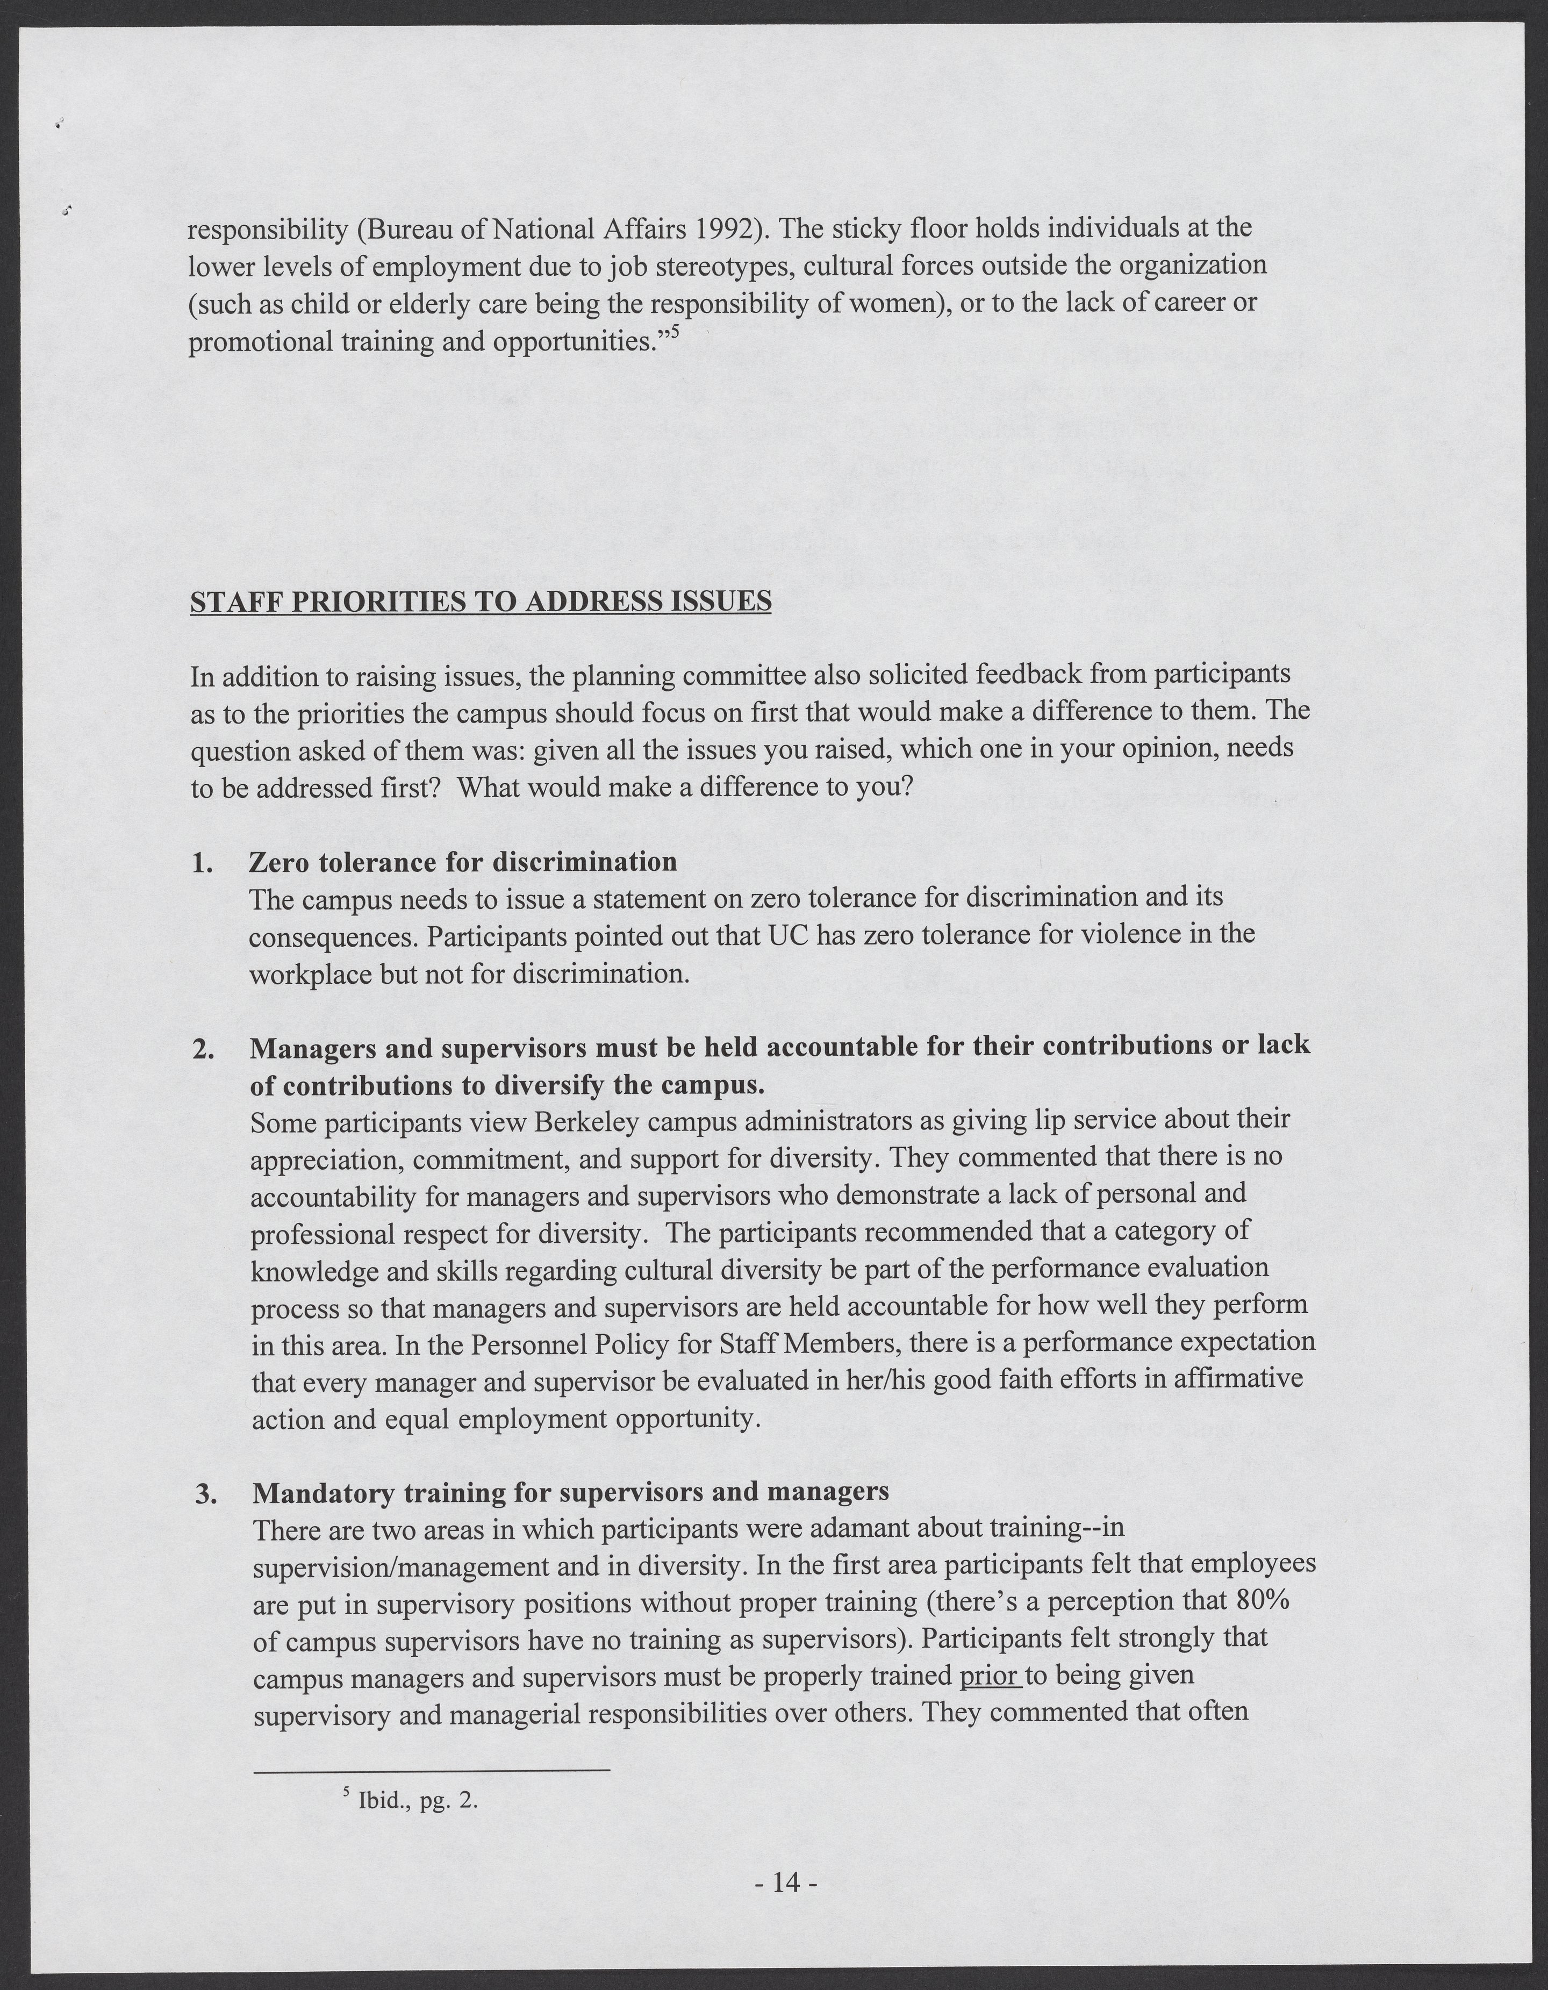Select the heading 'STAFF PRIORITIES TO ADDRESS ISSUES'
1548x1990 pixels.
[x=480, y=603]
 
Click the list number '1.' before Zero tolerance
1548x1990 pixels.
[x=202, y=862]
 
